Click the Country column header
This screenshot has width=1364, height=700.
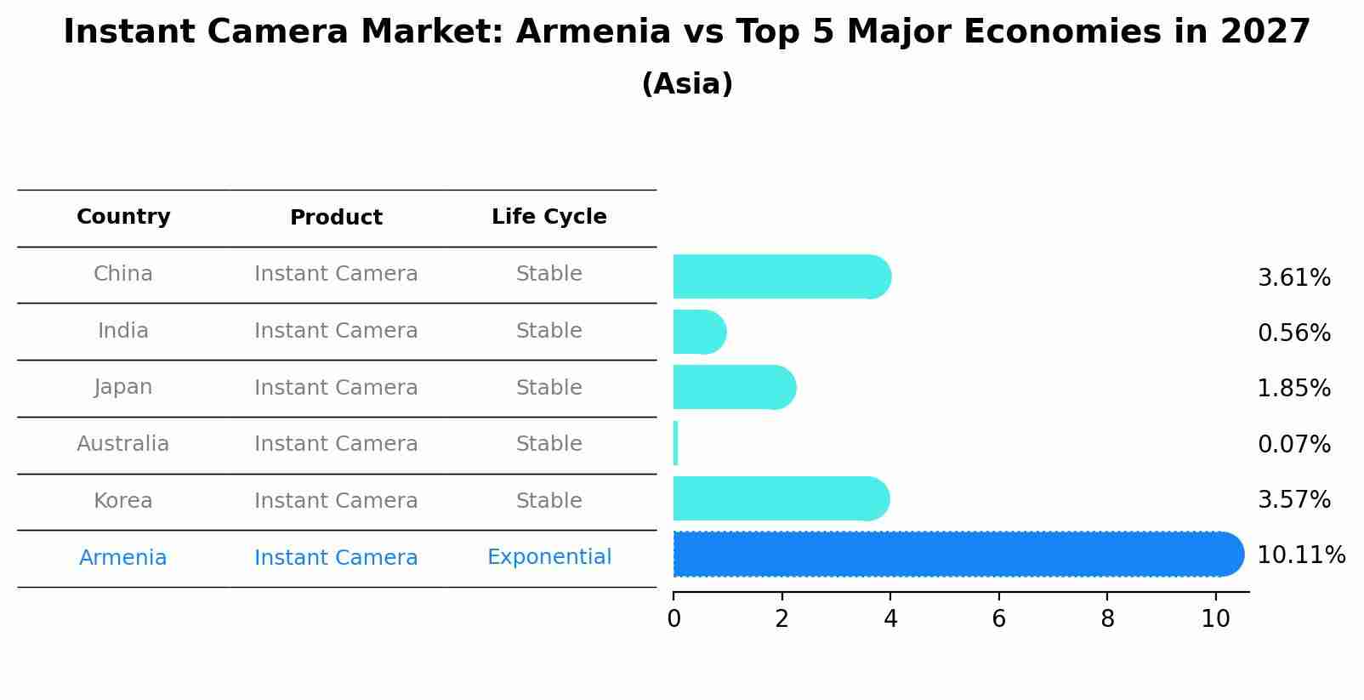click(123, 217)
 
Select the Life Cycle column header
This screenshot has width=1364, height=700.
click(548, 217)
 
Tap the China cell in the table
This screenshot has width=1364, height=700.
click(123, 274)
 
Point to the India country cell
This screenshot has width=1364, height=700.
click(123, 331)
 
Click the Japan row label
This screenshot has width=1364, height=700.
click(123, 387)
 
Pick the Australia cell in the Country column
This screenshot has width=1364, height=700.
click(123, 444)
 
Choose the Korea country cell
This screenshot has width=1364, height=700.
click(123, 501)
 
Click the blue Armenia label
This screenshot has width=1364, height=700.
click(123, 558)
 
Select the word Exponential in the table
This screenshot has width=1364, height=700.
click(548, 557)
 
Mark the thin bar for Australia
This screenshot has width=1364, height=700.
click(675, 443)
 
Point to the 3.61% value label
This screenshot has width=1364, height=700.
click(1293, 278)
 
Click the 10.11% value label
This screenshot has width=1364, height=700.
click(1300, 555)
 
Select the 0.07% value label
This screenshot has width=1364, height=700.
click(1293, 444)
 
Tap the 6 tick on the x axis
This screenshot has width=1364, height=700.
click(998, 619)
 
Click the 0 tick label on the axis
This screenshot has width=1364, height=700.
click(673, 619)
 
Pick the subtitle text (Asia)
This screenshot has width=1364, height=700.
click(687, 84)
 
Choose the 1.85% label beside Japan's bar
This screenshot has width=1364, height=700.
click(1293, 389)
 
